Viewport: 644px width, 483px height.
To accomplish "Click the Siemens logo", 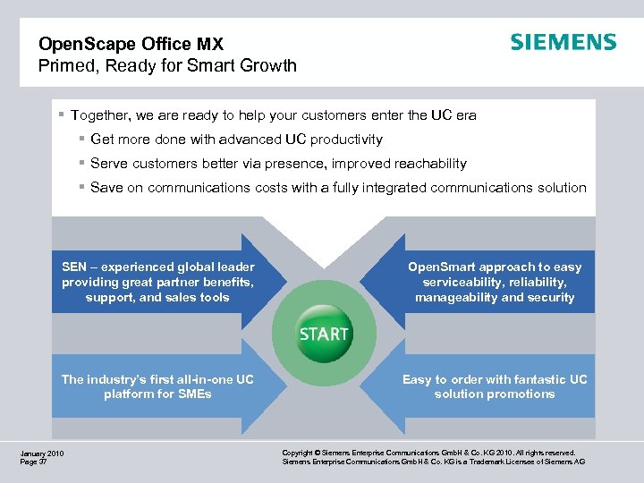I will click(563, 43).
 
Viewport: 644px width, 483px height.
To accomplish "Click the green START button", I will click(324, 334).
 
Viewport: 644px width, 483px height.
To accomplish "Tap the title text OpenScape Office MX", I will click(130, 43).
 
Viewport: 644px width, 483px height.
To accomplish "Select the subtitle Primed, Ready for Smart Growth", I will click(167, 65).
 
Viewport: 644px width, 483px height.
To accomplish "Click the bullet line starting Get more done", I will click(236, 140).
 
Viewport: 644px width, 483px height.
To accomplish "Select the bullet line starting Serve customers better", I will click(278, 164).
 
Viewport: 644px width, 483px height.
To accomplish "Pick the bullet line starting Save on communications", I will click(338, 188).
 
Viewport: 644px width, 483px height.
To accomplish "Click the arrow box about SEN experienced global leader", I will click(158, 282).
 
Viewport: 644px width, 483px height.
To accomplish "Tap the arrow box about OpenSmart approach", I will click(495, 282).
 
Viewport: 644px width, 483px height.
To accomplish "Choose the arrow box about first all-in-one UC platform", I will click(158, 386).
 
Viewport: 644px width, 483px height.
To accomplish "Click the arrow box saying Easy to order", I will click(495, 386).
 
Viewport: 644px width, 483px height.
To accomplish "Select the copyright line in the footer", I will click(428, 453).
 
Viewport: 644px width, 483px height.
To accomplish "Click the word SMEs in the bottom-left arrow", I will click(193, 394).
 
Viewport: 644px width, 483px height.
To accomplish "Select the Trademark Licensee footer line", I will click(433, 462).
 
